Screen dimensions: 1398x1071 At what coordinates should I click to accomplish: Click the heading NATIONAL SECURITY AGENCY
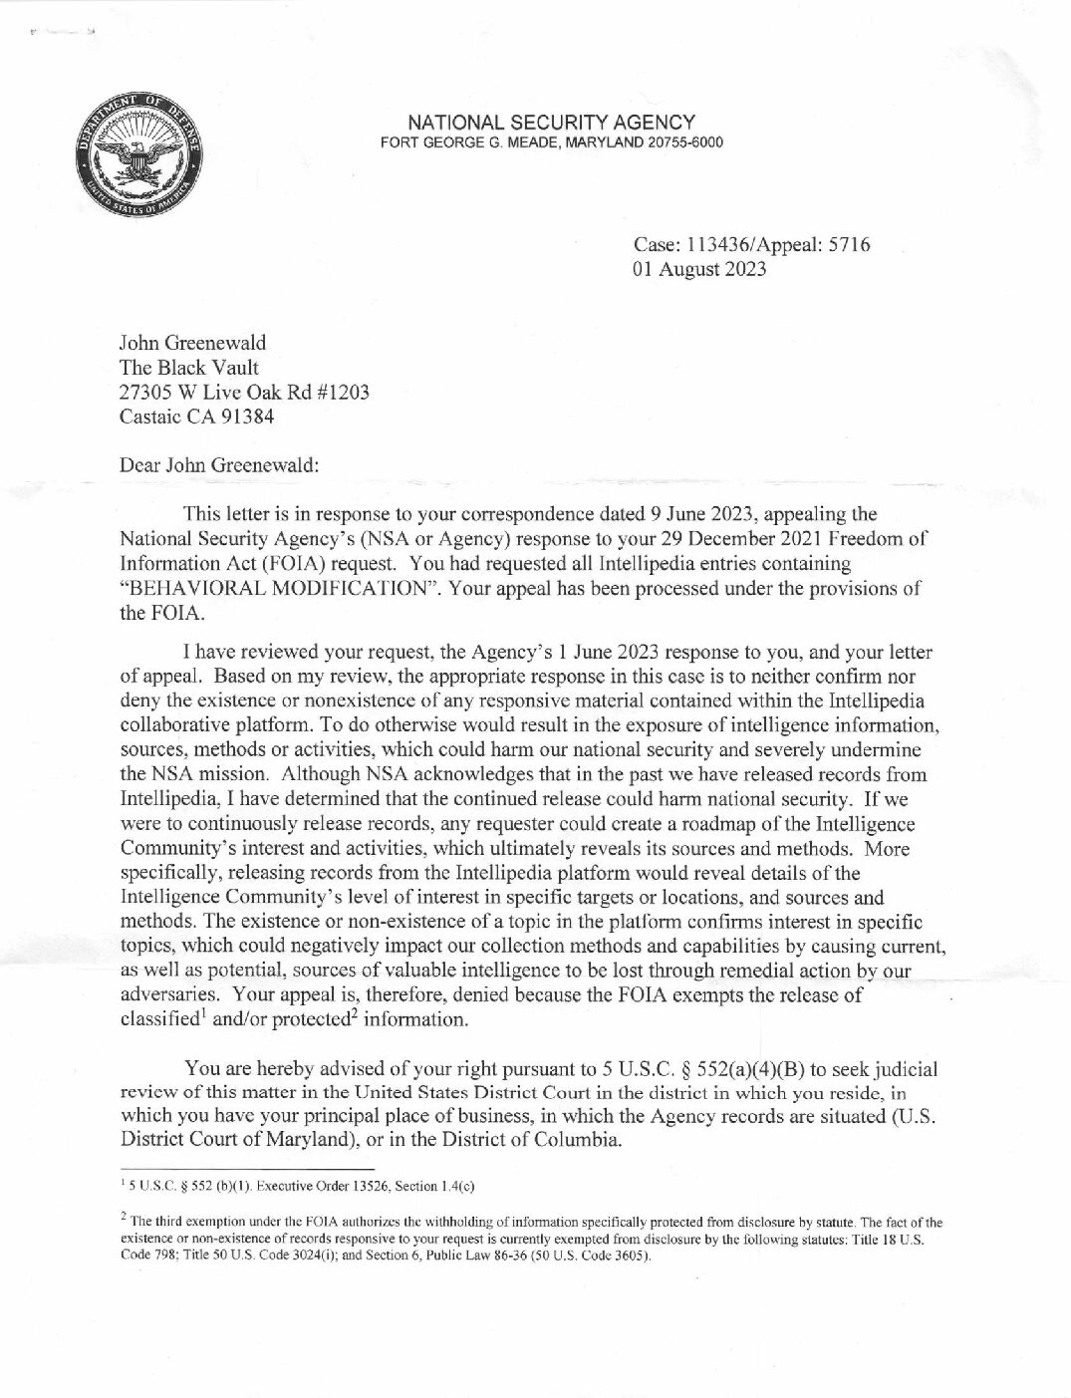tap(551, 122)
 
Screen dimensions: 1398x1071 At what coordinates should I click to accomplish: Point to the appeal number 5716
tap(850, 245)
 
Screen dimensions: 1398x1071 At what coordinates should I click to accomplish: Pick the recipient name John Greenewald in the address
tap(192, 344)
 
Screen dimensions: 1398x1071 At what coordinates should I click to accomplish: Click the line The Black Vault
tap(188, 368)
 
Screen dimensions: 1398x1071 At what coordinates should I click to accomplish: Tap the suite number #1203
tap(343, 392)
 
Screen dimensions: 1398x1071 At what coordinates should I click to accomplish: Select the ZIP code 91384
tap(243, 417)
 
